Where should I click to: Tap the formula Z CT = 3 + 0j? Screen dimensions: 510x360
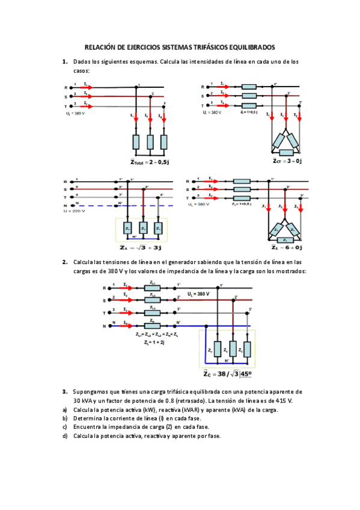tap(287, 161)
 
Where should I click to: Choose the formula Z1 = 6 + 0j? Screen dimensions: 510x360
tap(286, 247)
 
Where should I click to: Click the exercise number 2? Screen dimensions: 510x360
tap(64, 262)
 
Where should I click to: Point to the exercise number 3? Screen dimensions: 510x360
tap(64, 392)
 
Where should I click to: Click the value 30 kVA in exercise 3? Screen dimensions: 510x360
tap(84, 400)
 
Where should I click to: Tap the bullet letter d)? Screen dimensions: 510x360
tap(64, 436)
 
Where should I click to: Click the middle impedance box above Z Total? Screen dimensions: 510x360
tap(150, 141)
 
